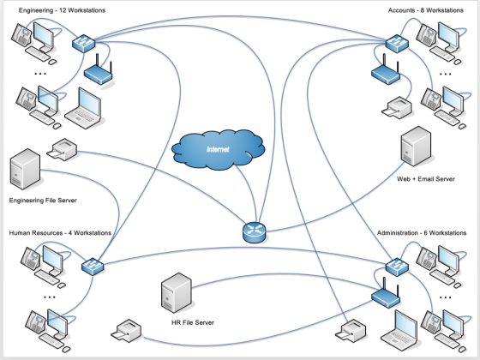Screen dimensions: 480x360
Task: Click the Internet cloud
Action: pyautogui.click(x=218, y=149)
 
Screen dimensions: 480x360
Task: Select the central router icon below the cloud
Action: pyautogui.click(x=254, y=232)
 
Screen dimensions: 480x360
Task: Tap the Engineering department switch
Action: pyautogui.click(x=84, y=44)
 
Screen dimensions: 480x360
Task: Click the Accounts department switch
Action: pyautogui.click(x=397, y=44)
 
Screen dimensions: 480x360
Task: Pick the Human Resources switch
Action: pyautogui.click(x=93, y=267)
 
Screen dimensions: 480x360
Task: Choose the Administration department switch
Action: pyautogui.click(x=397, y=267)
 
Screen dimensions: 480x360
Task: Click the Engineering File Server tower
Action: pyautogui.click(x=25, y=169)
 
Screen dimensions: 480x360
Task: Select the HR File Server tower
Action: pyautogui.click(x=177, y=292)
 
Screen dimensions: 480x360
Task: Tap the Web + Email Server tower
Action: pyautogui.click(x=416, y=147)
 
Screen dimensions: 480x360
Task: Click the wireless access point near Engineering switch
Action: pyautogui.click(x=99, y=71)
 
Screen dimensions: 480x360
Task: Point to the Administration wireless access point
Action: pyautogui.click(x=386, y=293)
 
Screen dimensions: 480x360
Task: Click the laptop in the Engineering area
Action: pyautogui.click(x=83, y=108)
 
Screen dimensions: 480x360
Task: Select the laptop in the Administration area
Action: pyautogui.click(x=399, y=331)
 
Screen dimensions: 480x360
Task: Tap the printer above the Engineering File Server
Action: pyautogui.click(x=62, y=149)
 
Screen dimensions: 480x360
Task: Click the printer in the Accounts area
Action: pyautogui.click(x=397, y=107)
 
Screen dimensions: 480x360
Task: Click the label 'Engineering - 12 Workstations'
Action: pyautogui.click(x=62, y=10)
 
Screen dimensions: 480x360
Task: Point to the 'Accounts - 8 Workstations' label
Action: pyautogui.click(x=425, y=10)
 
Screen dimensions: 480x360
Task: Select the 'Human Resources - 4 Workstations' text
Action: pyautogui.click(x=60, y=233)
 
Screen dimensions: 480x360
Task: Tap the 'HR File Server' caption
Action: pyautogui.click(x=193, y=322)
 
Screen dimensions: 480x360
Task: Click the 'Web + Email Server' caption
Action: pyautogui.click(x=426, y=179)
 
